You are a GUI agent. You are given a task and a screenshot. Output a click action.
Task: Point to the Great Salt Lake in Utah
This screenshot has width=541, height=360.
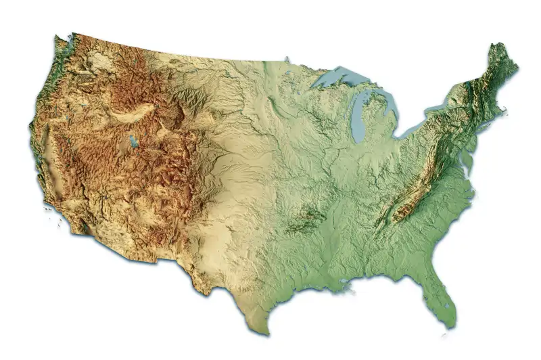pyautogui.click(x=133, y=143)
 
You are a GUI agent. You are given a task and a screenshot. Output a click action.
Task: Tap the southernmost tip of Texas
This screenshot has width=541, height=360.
pyautogui.click(x=268, y=333)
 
